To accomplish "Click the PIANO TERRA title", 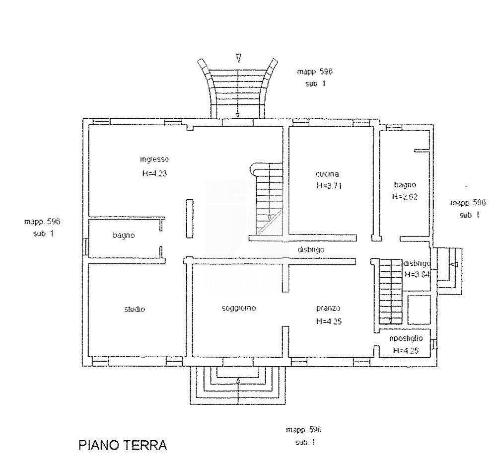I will (123, 445).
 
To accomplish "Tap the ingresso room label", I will (154, 159).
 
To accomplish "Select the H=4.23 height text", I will (155, 174).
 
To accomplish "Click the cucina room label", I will (327, 174).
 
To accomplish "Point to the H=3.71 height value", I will (329, 186).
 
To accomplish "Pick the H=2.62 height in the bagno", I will (404, 196).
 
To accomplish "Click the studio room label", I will (135, 309).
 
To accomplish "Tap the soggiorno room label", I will (239, 308).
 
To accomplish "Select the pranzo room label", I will (328, 308).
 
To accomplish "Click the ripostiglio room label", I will (406, 338).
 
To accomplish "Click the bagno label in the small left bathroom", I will (123, 236).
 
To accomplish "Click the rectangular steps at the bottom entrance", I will (238, 385).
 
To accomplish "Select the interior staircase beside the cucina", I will (268, 199).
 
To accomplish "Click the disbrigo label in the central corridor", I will (311, 250).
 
